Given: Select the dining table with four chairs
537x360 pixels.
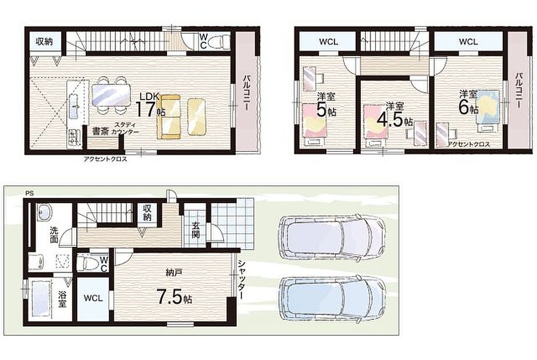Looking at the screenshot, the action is point(112,95).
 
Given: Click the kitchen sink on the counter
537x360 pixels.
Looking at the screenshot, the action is point(74,106).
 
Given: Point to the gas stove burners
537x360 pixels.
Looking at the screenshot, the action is point(74,137).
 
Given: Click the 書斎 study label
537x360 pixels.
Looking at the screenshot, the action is point(100,132).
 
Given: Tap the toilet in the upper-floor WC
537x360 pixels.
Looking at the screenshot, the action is point(219,42).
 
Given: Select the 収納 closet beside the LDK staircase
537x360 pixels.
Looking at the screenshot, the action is point(45,42).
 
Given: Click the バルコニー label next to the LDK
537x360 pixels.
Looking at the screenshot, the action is point(246,93).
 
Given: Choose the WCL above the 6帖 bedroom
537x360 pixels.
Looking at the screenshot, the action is point(468,42).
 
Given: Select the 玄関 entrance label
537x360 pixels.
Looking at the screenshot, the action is point(196,230).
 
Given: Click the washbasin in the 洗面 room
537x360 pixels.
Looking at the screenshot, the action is point(43,213).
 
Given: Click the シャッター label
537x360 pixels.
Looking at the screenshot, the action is point(242,279).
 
